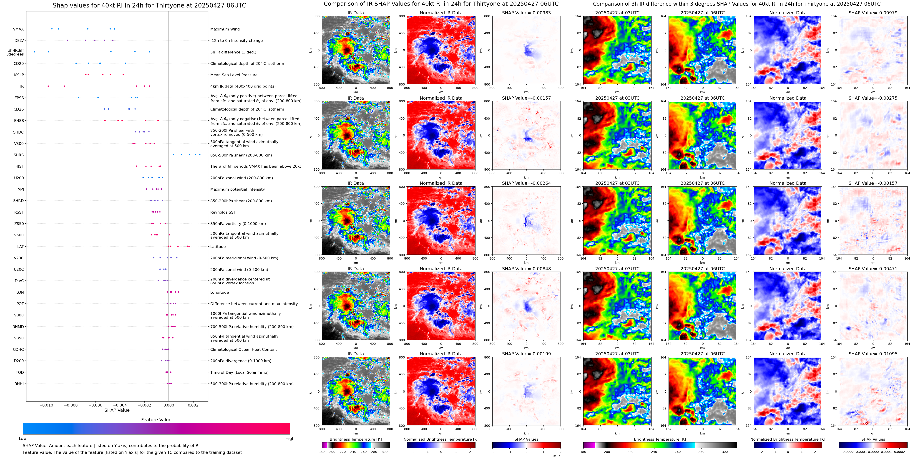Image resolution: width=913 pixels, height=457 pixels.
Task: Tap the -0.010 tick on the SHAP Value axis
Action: tap(46, 405)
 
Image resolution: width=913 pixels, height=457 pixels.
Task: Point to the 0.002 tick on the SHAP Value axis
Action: tap(193, 405)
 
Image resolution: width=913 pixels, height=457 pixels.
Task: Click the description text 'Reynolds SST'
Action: tap(223, 212)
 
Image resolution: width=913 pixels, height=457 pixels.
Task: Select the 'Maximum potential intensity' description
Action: tap(237, 189)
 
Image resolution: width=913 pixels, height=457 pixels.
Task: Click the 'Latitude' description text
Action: tap(218, 247)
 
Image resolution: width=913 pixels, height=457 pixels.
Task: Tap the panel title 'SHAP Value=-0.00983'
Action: tap(526, 13)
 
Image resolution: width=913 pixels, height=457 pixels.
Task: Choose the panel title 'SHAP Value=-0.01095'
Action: tap(873, 354)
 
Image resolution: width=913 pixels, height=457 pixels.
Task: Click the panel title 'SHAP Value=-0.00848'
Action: tap(526, 269)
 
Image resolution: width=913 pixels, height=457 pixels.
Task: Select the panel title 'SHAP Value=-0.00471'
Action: tap(873, 269)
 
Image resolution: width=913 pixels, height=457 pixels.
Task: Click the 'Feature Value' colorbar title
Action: tap(156, 420)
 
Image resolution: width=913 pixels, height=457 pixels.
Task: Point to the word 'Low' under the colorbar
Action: tap(23, 439)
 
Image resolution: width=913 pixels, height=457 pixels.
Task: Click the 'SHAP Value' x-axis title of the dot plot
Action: tap(117, 410)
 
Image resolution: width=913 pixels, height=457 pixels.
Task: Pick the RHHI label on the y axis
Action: tap(19, 384)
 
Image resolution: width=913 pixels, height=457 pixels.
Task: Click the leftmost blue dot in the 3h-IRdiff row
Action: tap(34, 52)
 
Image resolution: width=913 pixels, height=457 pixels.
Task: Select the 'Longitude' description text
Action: tap(219, 293)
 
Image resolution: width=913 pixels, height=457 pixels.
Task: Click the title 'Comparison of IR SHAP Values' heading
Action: tap(441, 4)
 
